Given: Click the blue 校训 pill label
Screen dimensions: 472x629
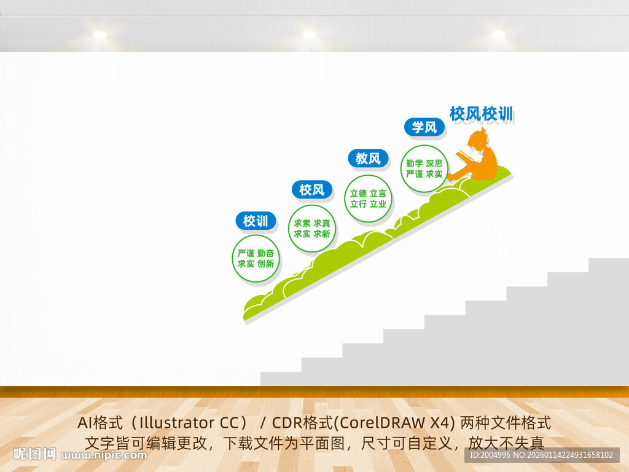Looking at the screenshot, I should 256,221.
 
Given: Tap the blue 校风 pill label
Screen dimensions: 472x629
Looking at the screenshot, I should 311,190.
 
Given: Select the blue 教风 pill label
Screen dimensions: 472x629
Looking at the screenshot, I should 368,159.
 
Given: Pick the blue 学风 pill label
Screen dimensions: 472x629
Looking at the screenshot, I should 424,127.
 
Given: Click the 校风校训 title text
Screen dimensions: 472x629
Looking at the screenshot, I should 481,114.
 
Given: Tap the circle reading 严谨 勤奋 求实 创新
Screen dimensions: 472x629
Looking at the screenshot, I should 256,259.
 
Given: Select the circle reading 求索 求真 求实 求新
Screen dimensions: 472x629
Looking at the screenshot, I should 312,229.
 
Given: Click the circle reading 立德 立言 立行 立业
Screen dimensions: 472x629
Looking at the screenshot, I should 368,198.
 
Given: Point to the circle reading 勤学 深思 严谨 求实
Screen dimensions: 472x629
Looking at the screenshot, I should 424,168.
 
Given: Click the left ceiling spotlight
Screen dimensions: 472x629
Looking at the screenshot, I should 100,35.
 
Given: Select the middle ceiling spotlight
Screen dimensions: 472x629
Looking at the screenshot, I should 309,35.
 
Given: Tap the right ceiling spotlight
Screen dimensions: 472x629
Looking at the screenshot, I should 498,35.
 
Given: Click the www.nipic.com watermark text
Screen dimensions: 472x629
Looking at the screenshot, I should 104,455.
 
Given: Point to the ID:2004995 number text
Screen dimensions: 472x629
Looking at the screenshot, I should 489,455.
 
